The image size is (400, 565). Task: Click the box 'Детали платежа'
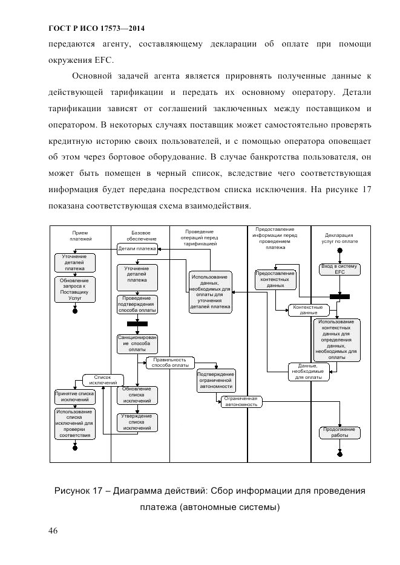[137, 248]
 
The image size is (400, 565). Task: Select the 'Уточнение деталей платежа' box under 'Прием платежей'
[74, 263]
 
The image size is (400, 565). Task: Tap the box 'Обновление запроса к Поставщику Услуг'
[74, 289]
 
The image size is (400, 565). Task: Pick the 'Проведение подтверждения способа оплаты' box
[137, 305]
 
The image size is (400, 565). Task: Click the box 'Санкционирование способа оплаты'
[137, 343]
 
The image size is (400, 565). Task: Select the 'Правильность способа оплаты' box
[170, 362]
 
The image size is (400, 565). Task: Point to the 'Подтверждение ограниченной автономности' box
[215, 380]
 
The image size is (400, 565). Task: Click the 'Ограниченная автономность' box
[241, 402]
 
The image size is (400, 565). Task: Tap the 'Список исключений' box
[103, 379]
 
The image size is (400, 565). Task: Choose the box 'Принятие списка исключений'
[74, 396]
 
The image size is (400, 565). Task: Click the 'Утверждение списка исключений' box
[137, 422]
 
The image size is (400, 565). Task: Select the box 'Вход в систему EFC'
[339, 269]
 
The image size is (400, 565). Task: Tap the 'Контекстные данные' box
[309, 309]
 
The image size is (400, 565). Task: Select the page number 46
[53, 531]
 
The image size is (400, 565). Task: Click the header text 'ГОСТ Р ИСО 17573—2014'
[97, 28]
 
